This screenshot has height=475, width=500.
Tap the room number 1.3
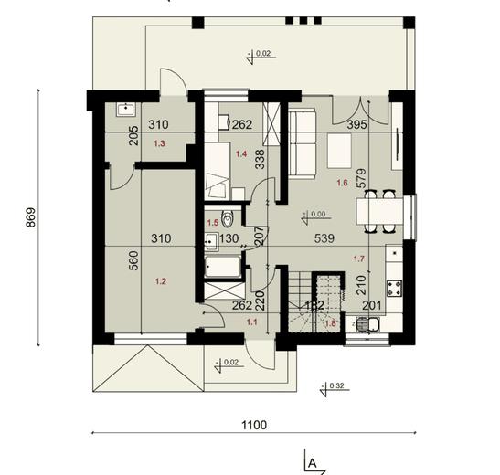coord(160,143)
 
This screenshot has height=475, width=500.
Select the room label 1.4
coord(241,154)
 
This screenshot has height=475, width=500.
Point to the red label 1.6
coord(342,183)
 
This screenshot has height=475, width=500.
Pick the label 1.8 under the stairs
coord(331,322)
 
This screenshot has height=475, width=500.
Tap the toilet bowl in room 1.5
coord(229,218)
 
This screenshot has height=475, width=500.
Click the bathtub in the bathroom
coord(223,268)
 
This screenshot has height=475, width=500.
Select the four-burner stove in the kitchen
coord(397,290)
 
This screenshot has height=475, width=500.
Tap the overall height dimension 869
coord(30,217)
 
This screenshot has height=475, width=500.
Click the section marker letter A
coord(312,464)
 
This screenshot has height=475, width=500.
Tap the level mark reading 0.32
coord(335,385)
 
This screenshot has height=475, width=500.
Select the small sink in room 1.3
coord(122,108)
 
